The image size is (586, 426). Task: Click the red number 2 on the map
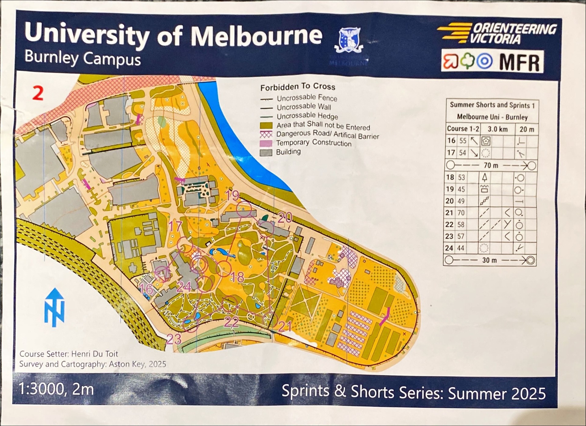[x=38, y=93]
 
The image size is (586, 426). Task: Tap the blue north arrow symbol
[x=54, y=307]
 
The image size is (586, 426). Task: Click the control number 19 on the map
[x=232, y=195]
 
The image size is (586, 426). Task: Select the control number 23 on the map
[x=174, y=339]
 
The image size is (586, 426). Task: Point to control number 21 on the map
[x=284, y=327]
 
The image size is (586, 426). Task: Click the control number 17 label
[x=175, y=226]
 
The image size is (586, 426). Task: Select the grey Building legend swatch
[x=266, y=152]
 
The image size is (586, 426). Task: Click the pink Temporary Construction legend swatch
[x=266, y=143]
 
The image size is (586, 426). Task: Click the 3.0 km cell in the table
[x=497, y=129]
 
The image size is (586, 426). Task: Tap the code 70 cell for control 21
[x=461, y=212]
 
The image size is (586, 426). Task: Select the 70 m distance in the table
[x=491, y=165]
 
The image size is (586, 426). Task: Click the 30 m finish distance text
[x=489, y=260]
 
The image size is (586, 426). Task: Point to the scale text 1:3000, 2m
[x=56, y=389]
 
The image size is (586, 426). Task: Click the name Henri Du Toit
[x=94, y=354]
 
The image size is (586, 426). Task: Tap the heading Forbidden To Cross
[x=298, y=87]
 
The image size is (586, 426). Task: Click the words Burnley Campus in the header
[x=82, y=58]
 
